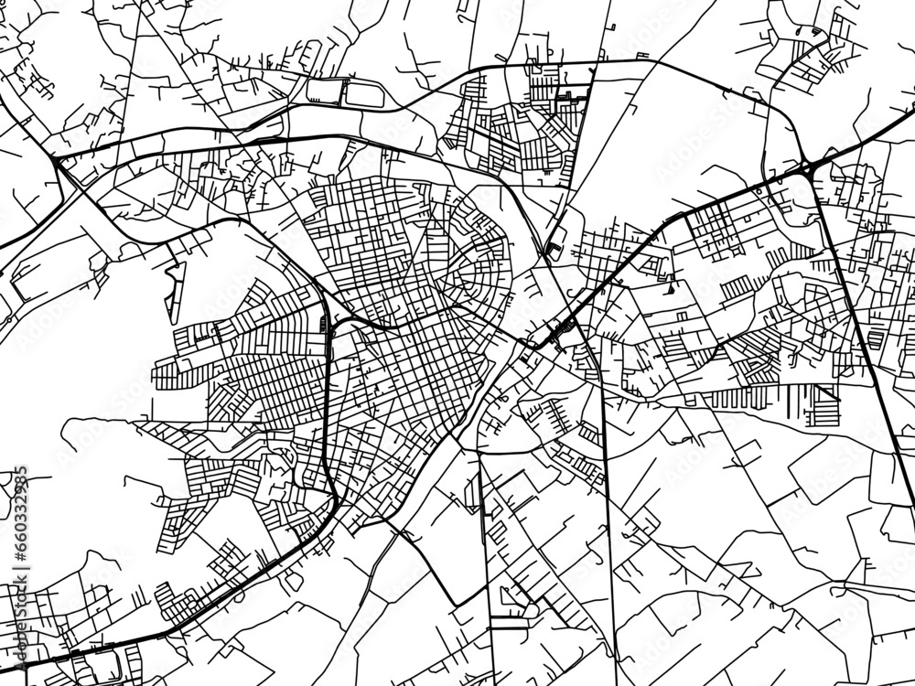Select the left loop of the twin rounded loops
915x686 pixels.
(x=324, y=90)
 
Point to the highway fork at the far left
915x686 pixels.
(x=58, y=163)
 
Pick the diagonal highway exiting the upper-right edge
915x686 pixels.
(x=869, y=137)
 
